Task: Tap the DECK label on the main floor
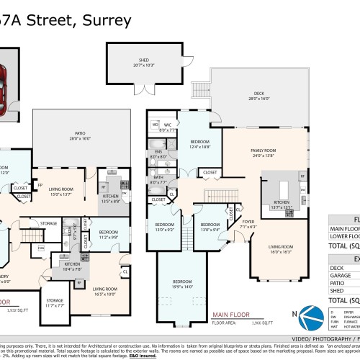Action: (x=260, y=95)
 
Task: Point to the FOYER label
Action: (x=248, y=223)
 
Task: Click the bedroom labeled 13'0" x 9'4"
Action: (x=210, y=228)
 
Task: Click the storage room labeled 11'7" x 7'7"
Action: (x=54, y=303)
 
